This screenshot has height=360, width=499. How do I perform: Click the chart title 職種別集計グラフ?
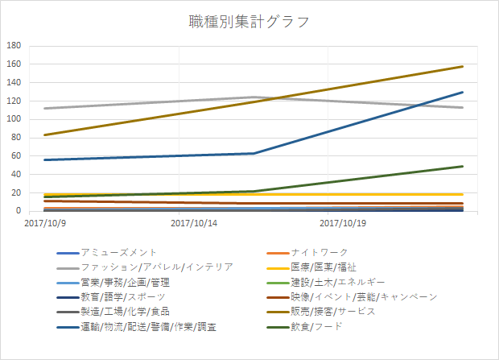(249, 21)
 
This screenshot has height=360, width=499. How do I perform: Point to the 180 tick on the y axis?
(13, 45)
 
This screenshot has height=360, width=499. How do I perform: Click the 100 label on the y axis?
(13, 119)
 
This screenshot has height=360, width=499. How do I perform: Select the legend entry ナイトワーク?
(319, 252)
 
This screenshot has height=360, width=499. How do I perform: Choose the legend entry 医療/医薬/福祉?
(325, 267)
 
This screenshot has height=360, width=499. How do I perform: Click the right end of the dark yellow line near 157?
(463, 66)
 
